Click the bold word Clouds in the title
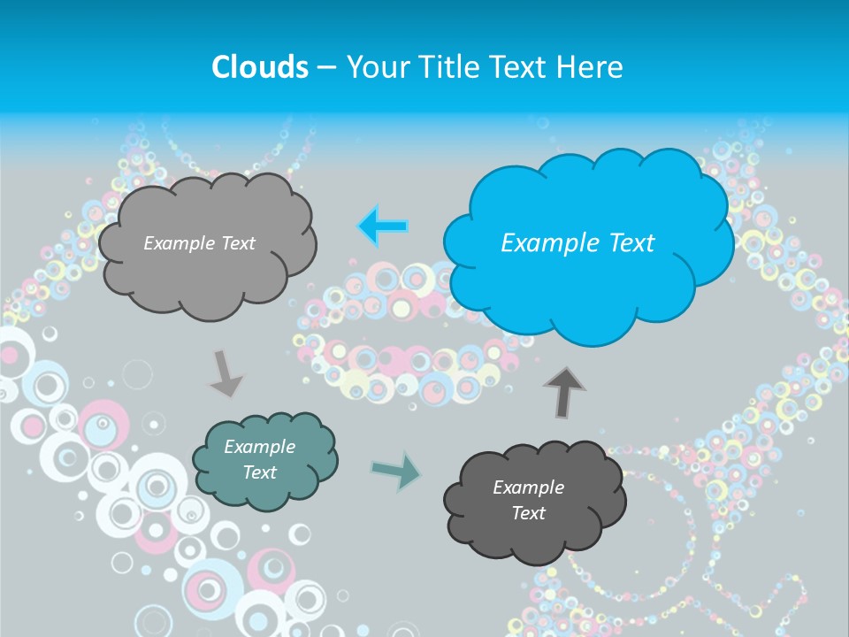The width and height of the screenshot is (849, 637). tap(260, 67)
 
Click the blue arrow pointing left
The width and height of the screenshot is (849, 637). tap(382, 226)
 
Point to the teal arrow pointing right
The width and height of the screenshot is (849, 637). tap(396, 470)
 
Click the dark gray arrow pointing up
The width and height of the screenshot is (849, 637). tap(564, 392)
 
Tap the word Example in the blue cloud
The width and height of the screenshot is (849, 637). tap(542, 243)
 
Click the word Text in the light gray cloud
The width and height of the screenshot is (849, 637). tap(236, 243)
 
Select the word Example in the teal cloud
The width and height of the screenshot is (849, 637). tap(259, 447)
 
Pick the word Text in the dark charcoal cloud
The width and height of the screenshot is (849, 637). tap(528, 513)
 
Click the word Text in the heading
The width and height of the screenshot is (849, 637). tap(517, 67)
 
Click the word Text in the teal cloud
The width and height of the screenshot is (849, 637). tap(259, 472)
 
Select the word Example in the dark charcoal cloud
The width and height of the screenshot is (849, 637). tap(528, 487)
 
